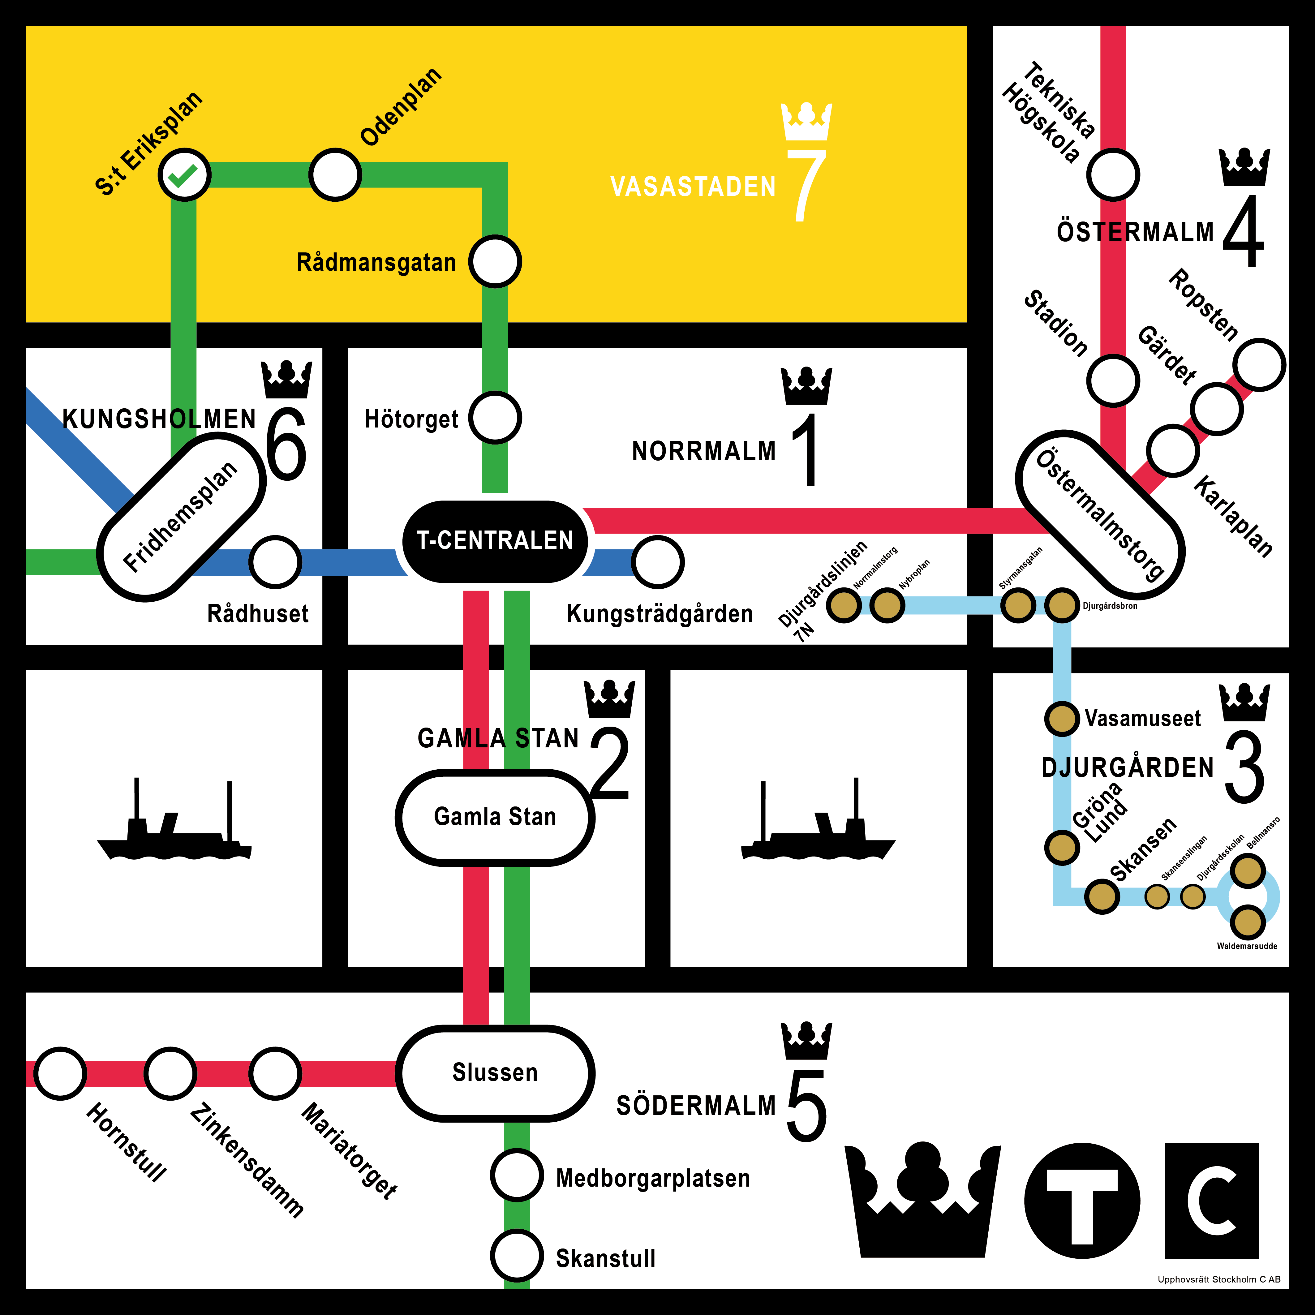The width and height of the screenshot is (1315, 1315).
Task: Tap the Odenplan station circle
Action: (335, 175)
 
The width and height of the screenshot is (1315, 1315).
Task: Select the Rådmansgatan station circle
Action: (495, 261)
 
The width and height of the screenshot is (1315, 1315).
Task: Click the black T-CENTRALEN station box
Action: (495, 541)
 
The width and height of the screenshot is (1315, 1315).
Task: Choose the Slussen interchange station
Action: (495, 1073)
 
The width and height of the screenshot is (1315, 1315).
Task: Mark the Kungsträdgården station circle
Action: (658, 562)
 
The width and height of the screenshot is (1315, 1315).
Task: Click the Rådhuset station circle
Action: (275, 562)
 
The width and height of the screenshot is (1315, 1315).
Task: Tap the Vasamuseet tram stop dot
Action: (1061, 719)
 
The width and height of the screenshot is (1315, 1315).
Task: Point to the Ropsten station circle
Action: (1259, 365)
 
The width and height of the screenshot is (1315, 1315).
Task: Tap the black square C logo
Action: (1212, 1201)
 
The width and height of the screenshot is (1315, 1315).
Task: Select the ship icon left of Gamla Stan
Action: (174, 820)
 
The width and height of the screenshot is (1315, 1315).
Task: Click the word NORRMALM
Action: (704, 451)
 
